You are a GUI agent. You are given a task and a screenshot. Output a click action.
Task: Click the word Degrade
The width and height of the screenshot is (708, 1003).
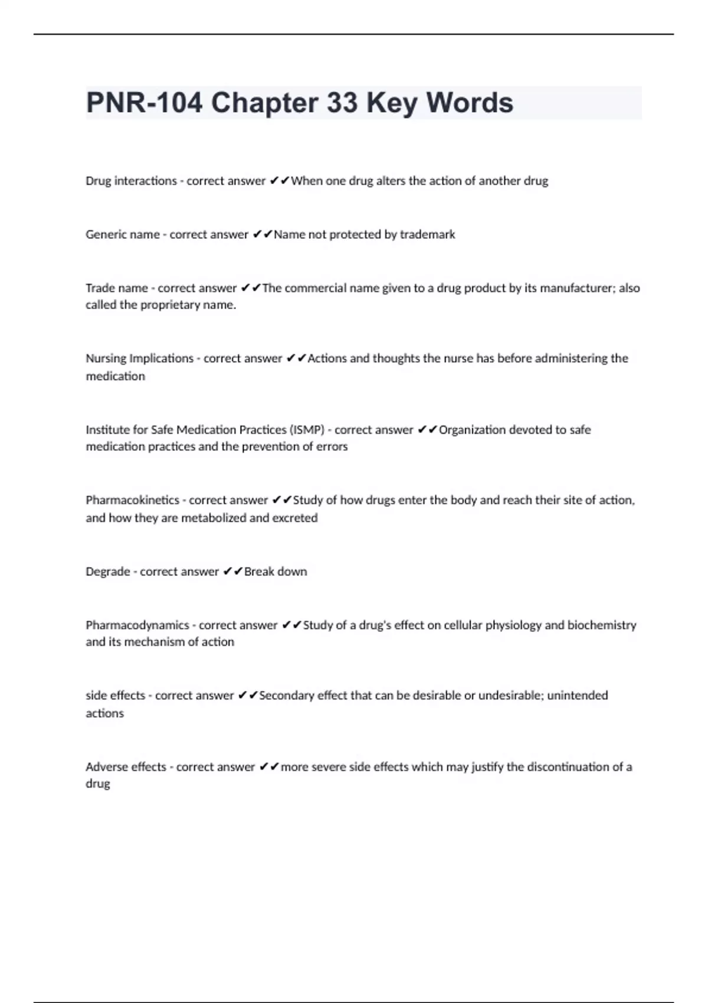pos(107,571)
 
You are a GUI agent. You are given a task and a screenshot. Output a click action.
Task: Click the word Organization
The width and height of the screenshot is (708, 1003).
pos(472,430)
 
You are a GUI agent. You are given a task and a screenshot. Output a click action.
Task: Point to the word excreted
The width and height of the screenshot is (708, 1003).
pos(294,518)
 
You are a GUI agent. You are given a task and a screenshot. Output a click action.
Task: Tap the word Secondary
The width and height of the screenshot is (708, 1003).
pos(287,696)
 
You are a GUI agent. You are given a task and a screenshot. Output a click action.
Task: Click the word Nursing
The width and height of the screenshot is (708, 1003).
pos(106,358)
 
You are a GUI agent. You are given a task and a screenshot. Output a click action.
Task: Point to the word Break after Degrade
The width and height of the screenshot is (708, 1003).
pos(258,571)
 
